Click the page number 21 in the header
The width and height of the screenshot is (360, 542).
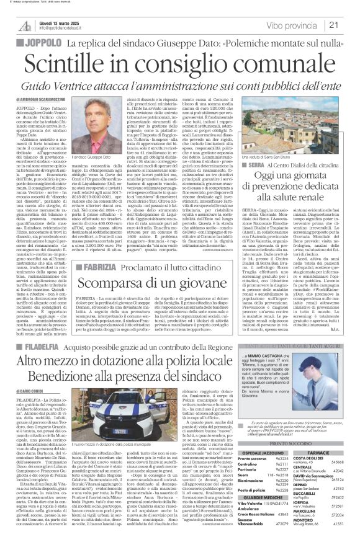349,25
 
